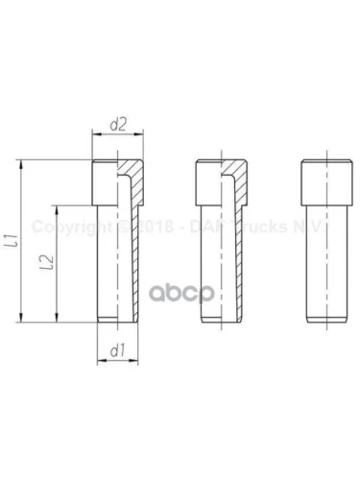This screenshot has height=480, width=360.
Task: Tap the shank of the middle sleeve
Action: [x=217, y=259]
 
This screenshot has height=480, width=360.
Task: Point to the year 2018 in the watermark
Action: [x=153, y=228]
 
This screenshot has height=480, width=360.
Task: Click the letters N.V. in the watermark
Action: [x=313, y=228]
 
